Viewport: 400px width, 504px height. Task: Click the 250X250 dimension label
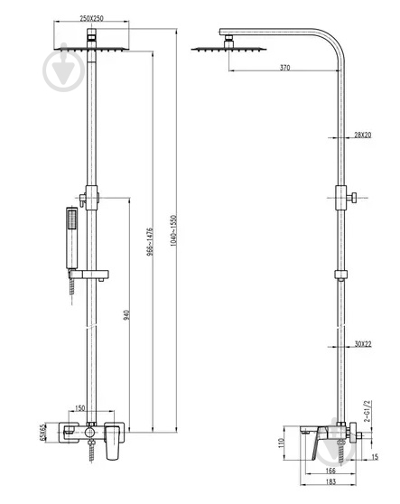tap(91, 18)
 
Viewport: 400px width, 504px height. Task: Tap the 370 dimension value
tap(285, 68)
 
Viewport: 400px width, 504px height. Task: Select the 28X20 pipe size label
tap(363, 135)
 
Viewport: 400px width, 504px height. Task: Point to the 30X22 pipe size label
tap(363, 344)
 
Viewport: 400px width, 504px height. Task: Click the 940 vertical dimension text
tap(126, 314)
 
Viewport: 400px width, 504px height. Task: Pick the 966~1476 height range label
tap(150, 242)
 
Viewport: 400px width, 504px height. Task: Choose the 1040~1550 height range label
tap(173, 231)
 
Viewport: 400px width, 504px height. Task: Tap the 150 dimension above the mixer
tap(79, 408)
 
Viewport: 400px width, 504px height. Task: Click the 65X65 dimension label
tap(42, 433)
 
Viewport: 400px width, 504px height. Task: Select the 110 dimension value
tap(282, 443)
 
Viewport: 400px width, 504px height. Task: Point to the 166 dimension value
tap(330, 471)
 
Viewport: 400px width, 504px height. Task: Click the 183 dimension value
tap(330, 481)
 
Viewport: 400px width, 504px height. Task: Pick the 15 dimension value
tap(375, 456)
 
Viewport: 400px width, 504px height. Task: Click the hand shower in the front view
tap(72, 238)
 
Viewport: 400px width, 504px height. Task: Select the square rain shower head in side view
tap(228, 49)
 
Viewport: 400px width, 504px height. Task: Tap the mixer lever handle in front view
tap(113, 442)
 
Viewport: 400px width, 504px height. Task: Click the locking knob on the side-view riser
tap(353, 198)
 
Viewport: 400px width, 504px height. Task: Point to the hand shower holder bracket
tap(88, 275)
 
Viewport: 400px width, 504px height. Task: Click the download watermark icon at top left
tap(64, 69)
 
